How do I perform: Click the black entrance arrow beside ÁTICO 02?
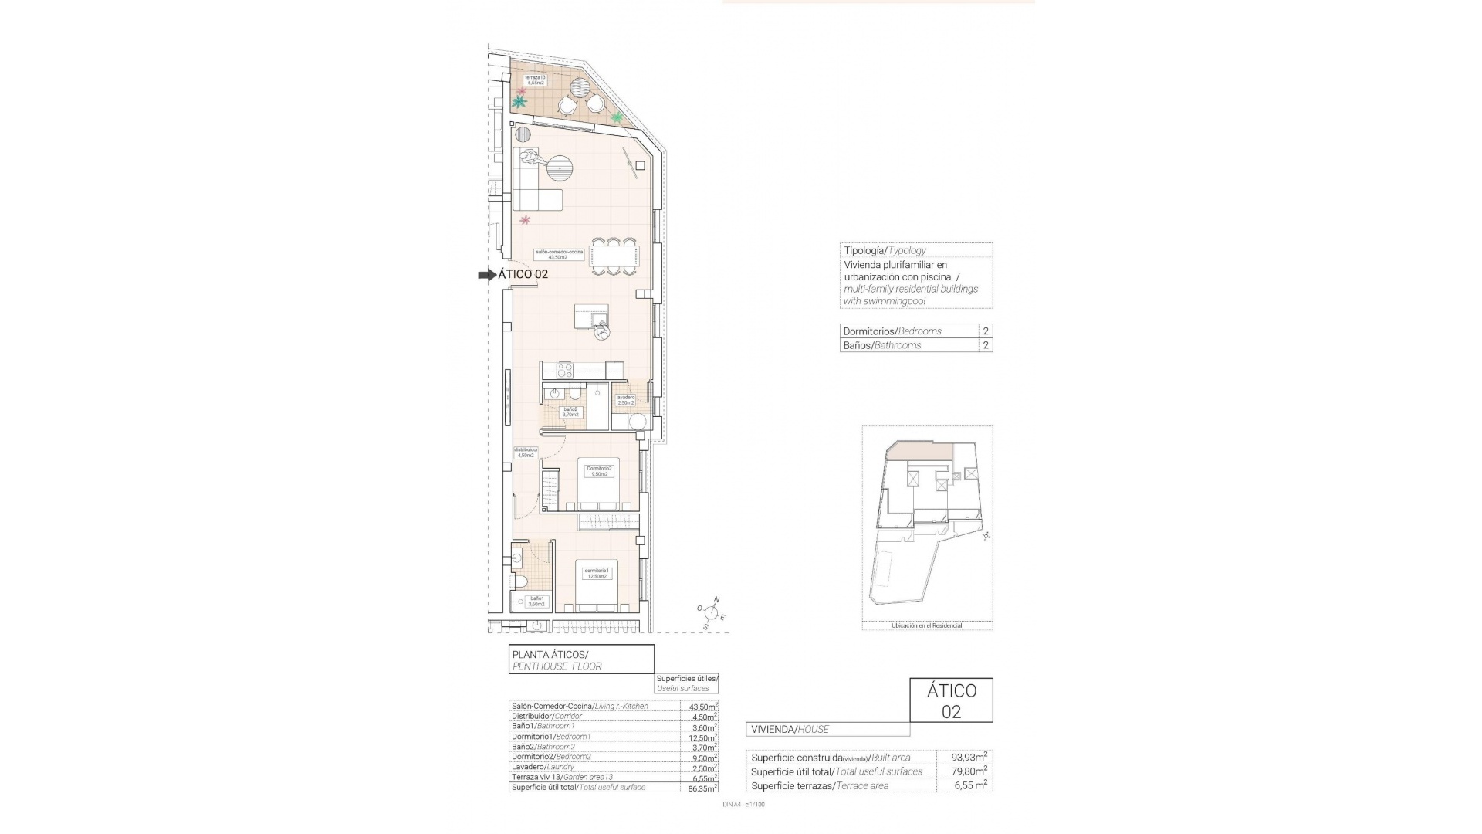pyautogui.click(x=486, y=274)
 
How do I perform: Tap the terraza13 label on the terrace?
pyautogui.click(x=536, y=80)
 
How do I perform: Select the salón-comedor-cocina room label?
pyautogui.click(x=560, y=254)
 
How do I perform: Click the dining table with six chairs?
pyautogui.click(x=614, y=255)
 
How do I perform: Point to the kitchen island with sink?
pyautogui.click(x=591, y=317)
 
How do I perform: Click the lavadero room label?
pyautogui.click(x=625, y=400)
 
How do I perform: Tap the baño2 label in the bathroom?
pyautogui.click(x=570, y=412)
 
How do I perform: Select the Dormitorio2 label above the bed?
pyautogui.click(x=599, y=470)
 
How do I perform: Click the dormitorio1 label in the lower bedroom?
pyautogui.click(x=597, y=573)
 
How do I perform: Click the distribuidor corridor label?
pyautogui.click(x=526, y=452)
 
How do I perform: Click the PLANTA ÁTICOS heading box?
pyautogui.click(x=580, y=659)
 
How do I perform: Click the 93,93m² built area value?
pyautogui.click(x=964, y=756)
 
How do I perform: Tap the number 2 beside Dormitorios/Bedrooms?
pyautogui.click(x=986, y=331)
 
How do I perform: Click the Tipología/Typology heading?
pyautogui.click(x=885, y=250)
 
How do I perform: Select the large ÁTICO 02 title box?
pyautogui.click(x=951, y=700)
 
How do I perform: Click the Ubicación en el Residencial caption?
pyautogui.click(x=926, y=625)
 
